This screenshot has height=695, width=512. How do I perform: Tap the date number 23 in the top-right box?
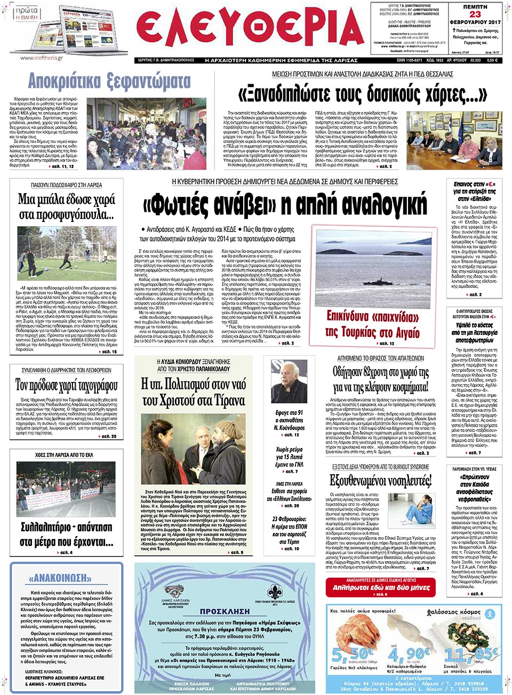(x=475, y=14)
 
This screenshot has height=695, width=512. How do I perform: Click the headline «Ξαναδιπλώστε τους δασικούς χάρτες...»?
(x=363, y=94)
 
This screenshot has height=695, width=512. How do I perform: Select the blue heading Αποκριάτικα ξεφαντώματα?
(x=109, y=81)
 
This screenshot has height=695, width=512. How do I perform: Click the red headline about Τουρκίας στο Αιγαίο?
(x=372, y=324)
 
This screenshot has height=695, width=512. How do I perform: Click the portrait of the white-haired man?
(x=290, y=383)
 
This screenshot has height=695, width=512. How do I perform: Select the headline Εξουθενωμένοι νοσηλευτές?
(x=380, y=481)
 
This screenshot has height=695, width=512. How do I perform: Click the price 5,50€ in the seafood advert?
(x=352, y=653)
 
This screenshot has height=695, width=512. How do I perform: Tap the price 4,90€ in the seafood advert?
(x=409, y=653)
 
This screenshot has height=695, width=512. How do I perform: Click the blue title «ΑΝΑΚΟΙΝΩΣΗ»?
(x=67, y=578)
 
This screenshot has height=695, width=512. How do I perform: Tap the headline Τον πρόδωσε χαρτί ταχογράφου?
(x=67, y=385)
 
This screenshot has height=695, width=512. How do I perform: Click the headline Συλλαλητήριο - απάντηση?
(x=67, y=534)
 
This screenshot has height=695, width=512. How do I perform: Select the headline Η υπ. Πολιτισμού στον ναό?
(x=193, y=392)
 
